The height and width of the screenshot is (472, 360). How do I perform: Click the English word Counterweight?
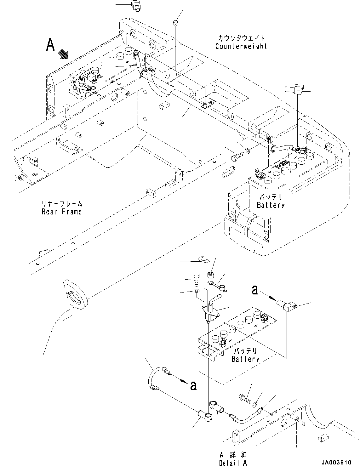tap(241, 46)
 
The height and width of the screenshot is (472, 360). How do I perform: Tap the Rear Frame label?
tap(62, 212)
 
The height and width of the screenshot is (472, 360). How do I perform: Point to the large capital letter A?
tap(50, 45)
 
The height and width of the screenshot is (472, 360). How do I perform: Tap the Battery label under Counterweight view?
tap(271, 205)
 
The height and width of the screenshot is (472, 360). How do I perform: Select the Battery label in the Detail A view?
tap(245, 359)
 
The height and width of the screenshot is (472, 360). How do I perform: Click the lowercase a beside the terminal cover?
tap(254, 290)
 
